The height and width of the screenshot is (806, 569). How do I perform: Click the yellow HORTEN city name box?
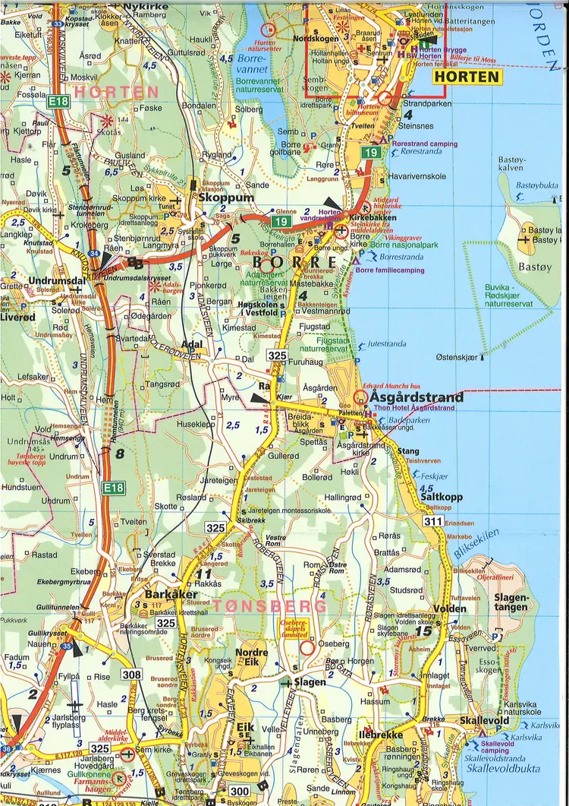[467, 77]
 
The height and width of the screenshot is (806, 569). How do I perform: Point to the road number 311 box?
[433, 521]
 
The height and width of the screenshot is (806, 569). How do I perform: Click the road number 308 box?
[131, 675]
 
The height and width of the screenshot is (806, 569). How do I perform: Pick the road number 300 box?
[238, 792]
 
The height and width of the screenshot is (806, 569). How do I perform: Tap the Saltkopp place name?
[441, 497]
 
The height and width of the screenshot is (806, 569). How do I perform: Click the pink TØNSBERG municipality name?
[270, 605]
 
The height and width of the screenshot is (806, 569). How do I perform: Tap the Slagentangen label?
[511, 603]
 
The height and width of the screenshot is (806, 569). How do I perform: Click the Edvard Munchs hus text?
[391, 385]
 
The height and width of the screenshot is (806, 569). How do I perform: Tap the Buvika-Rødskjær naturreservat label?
[508, 299]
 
